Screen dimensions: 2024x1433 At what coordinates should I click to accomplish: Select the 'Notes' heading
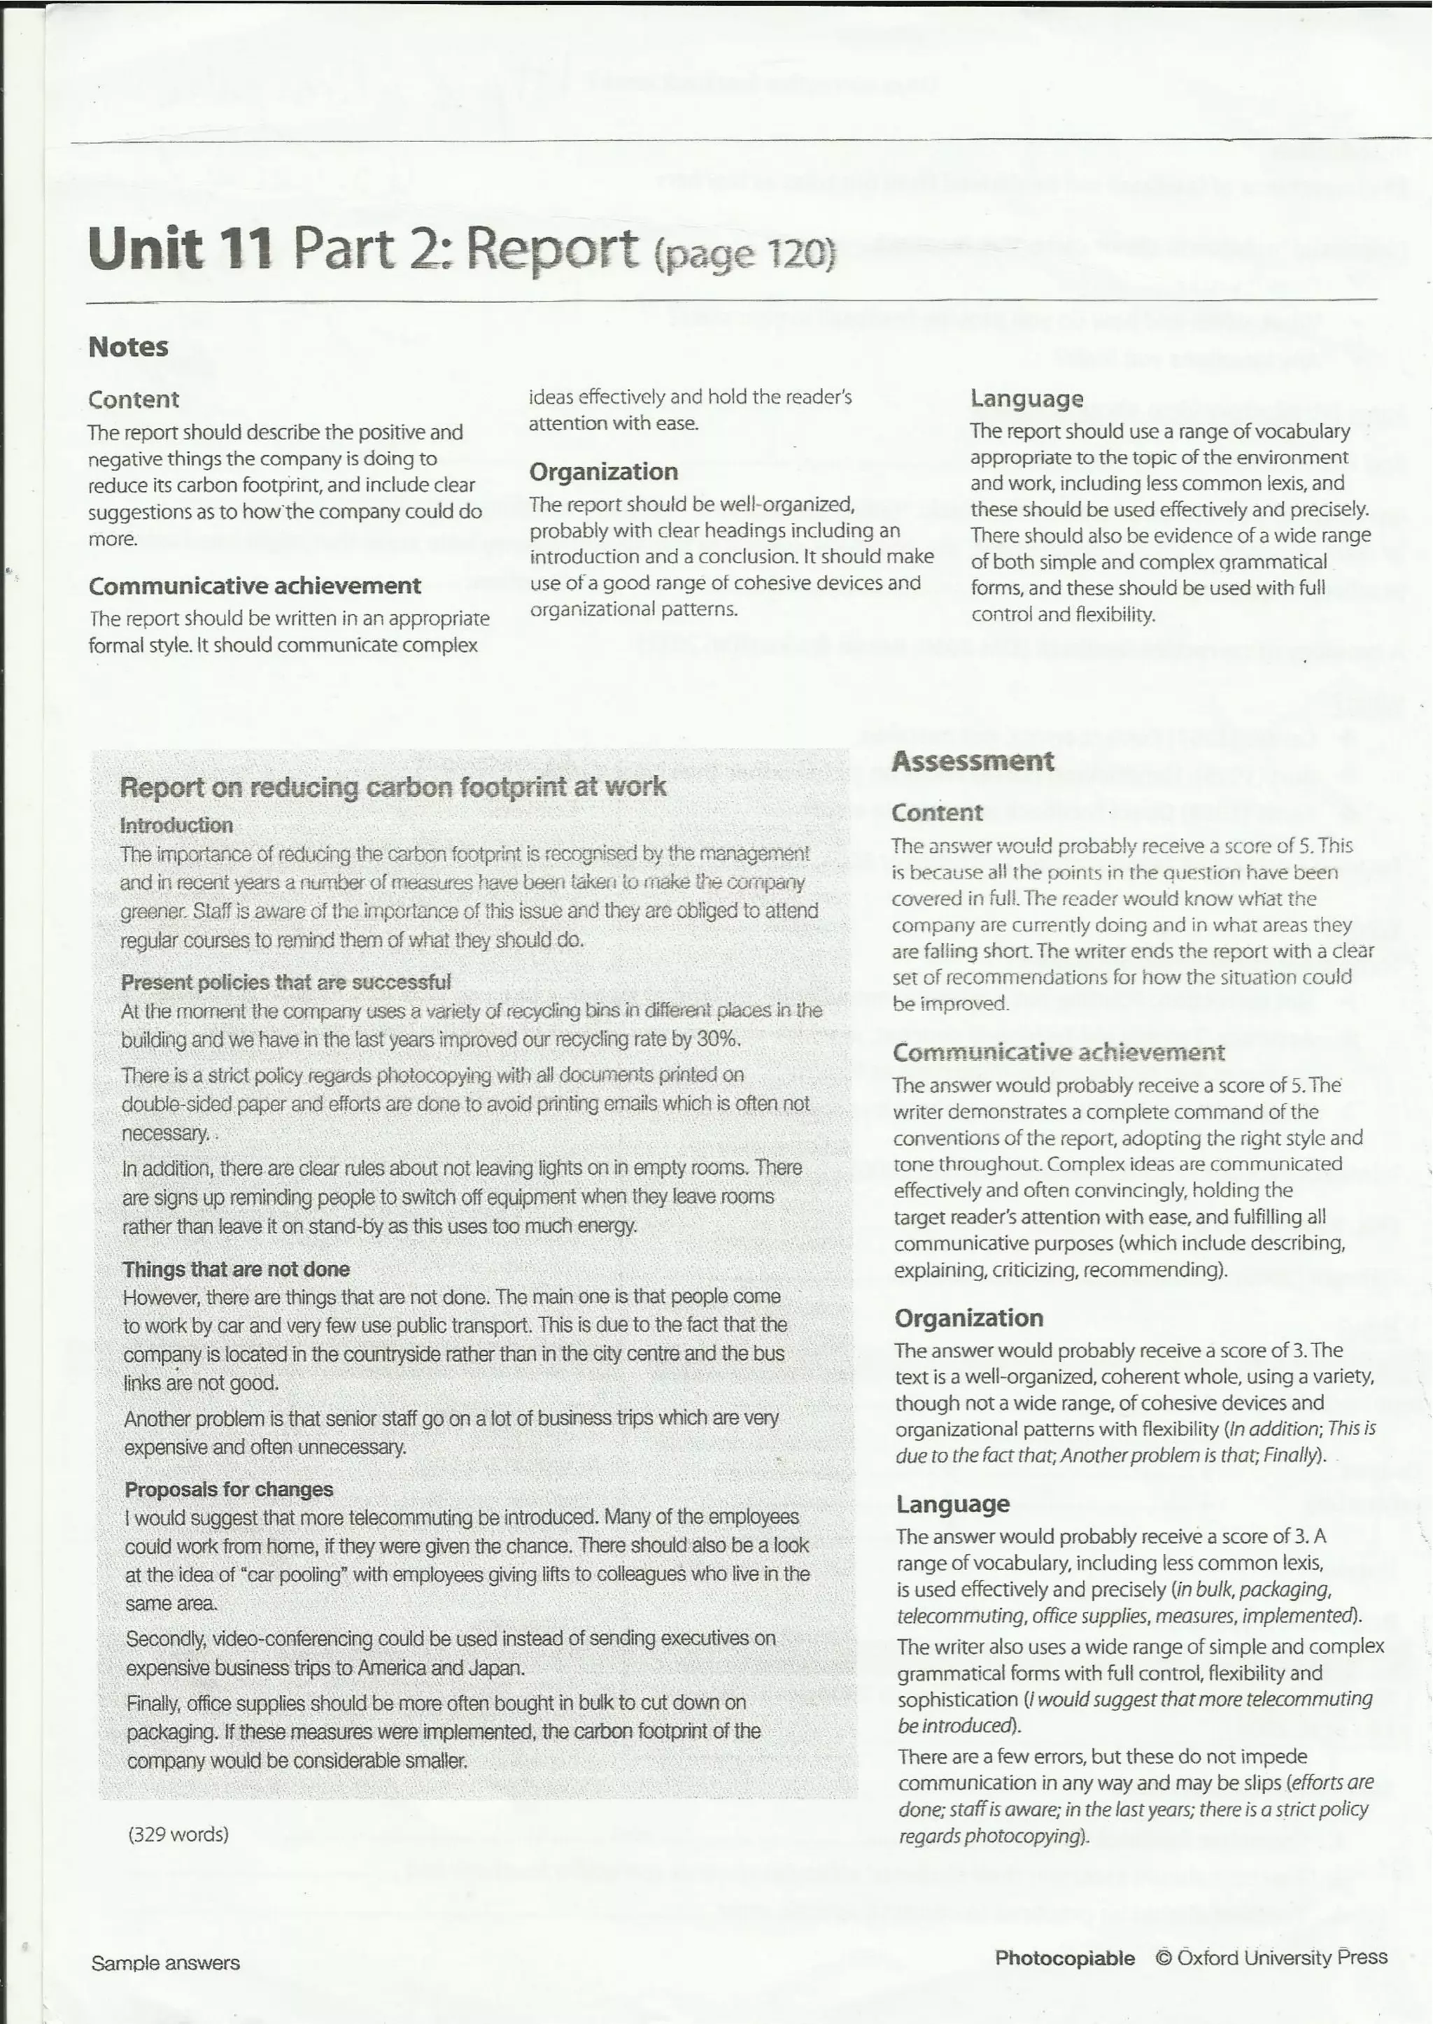pos(128,347)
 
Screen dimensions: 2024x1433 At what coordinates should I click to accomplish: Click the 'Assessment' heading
pos(973,760)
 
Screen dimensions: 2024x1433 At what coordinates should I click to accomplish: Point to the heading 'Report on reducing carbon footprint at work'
pos(393,786)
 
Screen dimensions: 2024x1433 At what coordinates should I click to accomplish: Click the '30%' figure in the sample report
pos(716,1038)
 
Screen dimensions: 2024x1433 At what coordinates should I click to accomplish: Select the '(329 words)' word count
pos(178,1834)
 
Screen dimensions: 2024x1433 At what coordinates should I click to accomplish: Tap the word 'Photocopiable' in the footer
pos(1064,1958)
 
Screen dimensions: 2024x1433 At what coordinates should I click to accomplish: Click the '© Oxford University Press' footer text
pos(1271,1957)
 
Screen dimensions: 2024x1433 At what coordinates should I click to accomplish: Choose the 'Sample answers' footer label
pos(165,1963)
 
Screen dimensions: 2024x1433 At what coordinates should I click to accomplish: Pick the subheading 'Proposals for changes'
pos(229,1489)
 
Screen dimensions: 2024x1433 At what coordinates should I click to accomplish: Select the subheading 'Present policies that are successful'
pos(286,982)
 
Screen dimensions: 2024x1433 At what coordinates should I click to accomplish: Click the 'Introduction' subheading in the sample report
pos(176,825)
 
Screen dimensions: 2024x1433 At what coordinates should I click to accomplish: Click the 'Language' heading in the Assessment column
pos(953,1503)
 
